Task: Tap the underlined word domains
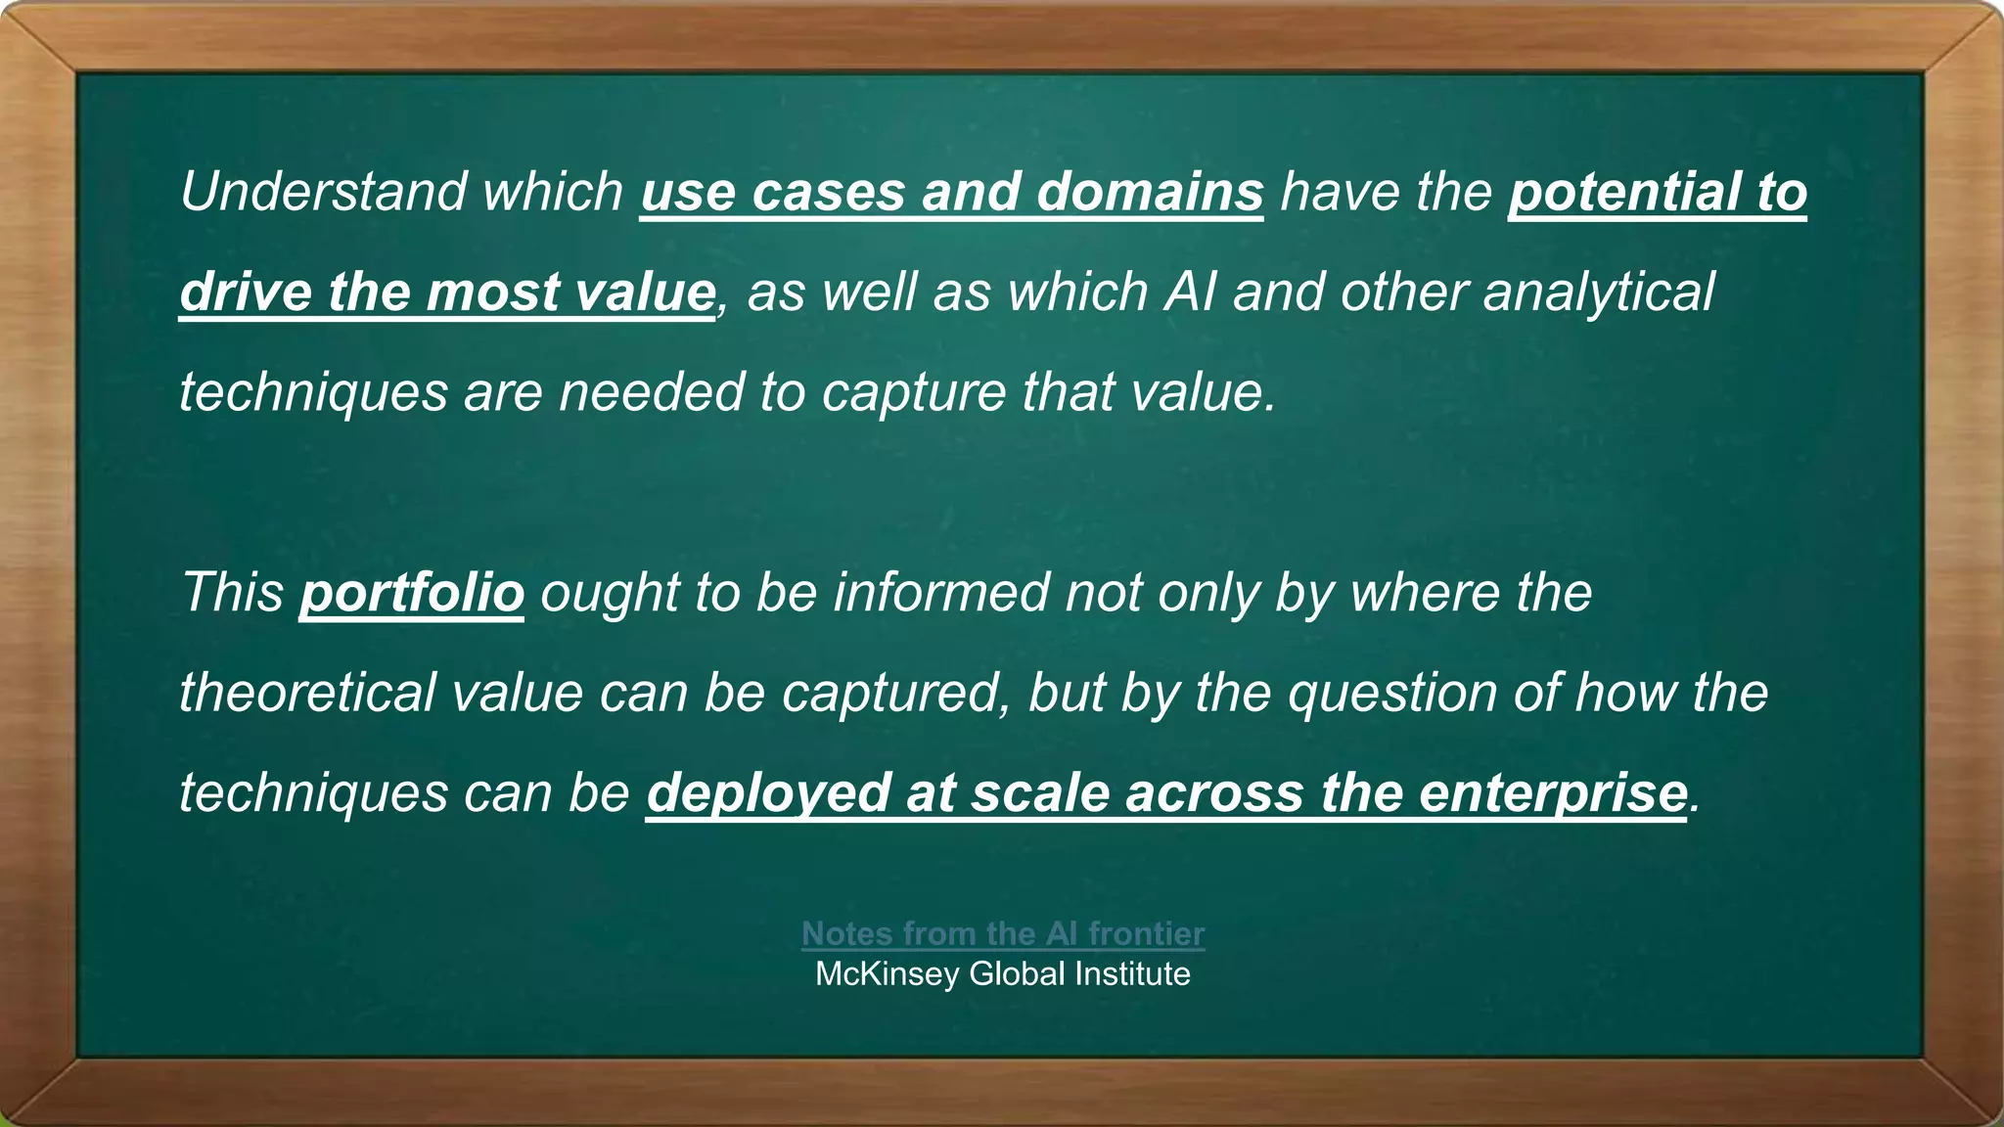[x=1150, y=191]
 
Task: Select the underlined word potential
[x=1624, y=191]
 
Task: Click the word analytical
[x=1599, y=292]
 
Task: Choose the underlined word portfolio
[x=412, y=592]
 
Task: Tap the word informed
[x=941, y=592]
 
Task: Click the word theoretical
[x=306, y=692]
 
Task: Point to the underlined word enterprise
[x=1553, y=792]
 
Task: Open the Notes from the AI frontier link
[x=1003, y=933]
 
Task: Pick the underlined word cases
[x=829, y=191]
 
